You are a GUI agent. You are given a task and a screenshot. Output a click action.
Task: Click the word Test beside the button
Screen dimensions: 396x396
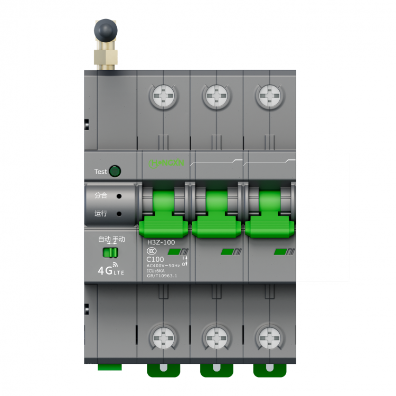[x=100, y=172]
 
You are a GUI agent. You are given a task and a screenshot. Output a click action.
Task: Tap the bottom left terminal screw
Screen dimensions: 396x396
[x=163, y=336]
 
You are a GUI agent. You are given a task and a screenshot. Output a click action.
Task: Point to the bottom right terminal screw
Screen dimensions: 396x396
[x=269, y=336]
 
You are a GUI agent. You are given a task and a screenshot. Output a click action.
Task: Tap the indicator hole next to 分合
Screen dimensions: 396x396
[x=119, y=196]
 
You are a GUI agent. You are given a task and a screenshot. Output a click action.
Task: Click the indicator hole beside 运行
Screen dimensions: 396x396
[x=119, y=214]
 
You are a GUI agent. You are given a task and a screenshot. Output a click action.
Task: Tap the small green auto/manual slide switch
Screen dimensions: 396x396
[x=111, y=252]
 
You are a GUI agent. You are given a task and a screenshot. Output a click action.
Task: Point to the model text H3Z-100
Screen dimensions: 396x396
[x=161, y=242]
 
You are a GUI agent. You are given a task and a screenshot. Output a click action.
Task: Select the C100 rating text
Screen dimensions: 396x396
[x=155, y=259]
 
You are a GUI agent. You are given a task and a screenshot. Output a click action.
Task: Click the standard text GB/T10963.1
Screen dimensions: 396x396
[x=162, y=276]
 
